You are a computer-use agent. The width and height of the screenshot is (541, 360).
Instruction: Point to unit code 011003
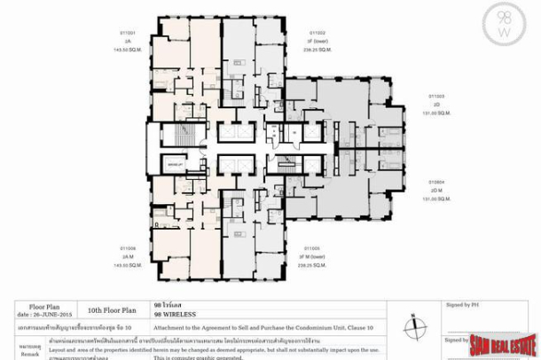point(435,96)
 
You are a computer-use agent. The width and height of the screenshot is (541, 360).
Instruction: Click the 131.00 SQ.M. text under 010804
point(435,199)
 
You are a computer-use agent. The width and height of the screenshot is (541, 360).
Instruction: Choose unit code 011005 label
point(312,248)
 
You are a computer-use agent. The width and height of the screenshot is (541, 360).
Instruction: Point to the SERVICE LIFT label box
point(176,165)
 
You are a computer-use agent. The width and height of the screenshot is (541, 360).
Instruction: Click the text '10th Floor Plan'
point(112,311)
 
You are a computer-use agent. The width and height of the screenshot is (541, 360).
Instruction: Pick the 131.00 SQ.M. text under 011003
point(435,111)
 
